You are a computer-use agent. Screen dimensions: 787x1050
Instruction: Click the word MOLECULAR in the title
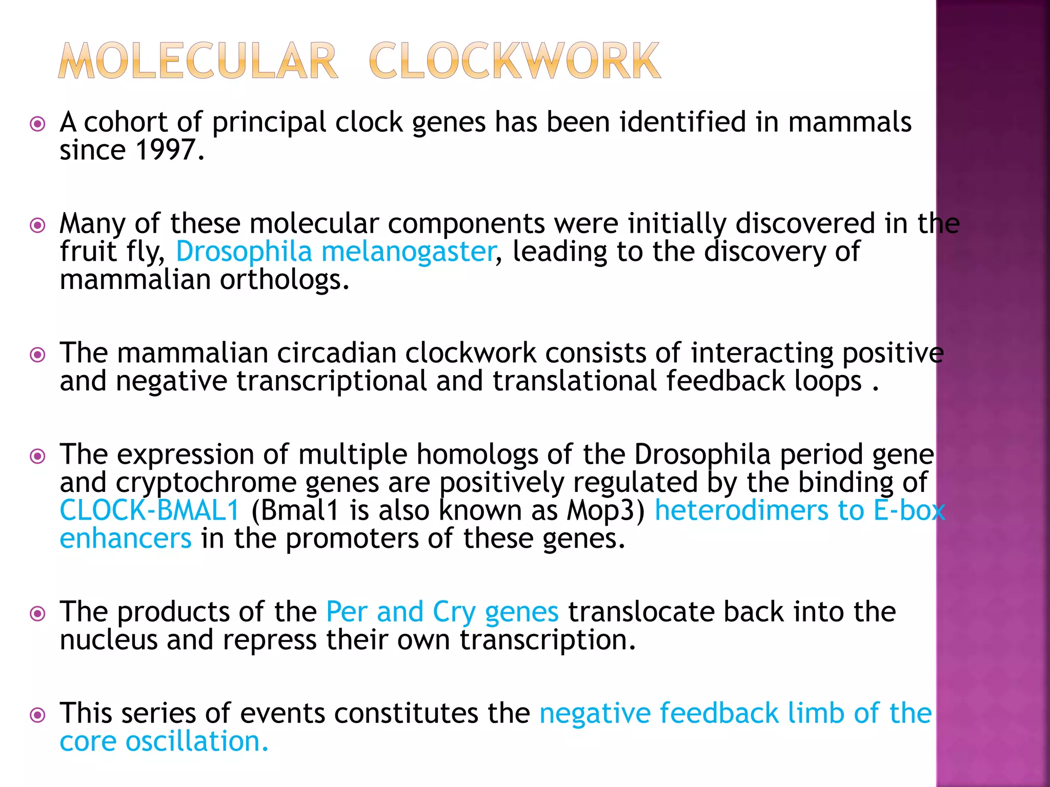198,61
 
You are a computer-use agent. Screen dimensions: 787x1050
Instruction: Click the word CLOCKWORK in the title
514,61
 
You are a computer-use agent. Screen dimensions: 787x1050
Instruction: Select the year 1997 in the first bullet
166,150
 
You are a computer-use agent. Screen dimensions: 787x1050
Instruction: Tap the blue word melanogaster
408,252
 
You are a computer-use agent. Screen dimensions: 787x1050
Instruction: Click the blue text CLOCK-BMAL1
150,511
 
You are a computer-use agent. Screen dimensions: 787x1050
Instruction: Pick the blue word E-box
909,511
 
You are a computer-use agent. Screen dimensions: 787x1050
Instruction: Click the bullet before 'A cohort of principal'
38,124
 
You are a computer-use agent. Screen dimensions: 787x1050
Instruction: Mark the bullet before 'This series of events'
38,715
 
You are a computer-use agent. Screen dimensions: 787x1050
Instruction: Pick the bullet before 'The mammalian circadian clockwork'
38,355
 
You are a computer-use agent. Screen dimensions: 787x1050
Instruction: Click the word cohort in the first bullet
125,123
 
